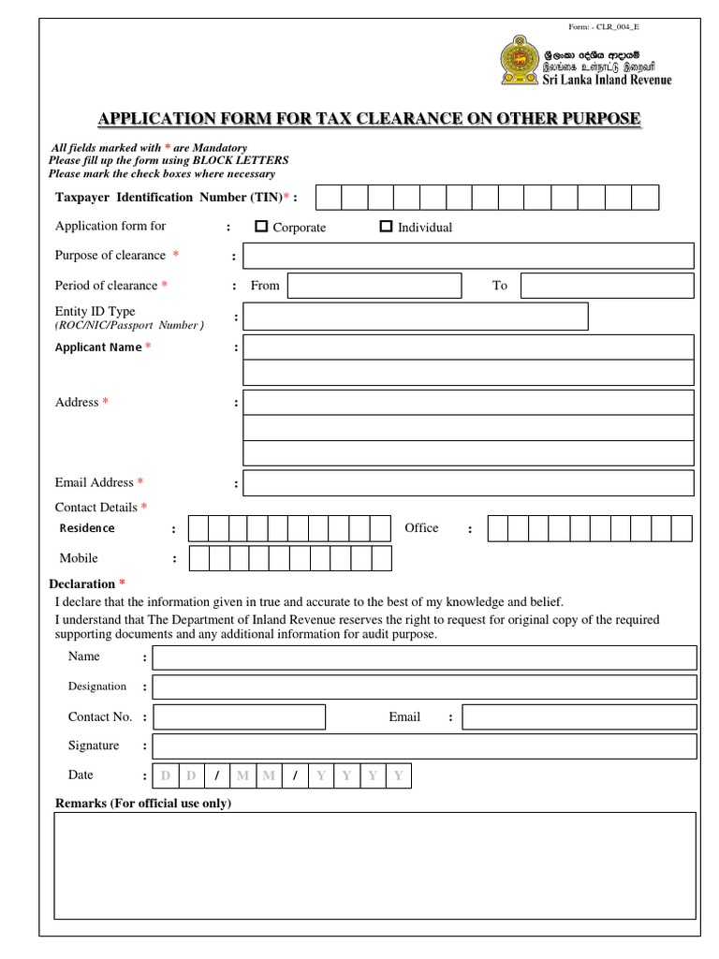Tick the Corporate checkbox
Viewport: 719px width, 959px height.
point(261,227)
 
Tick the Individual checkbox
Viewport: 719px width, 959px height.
point(386,227)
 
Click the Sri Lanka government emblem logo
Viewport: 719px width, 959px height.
point(515,63)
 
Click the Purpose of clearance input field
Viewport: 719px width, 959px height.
point(468,256)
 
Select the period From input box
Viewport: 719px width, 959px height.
point(374,286)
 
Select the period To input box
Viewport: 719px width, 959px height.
point(607,286)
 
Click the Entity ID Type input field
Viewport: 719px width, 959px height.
point(416,317)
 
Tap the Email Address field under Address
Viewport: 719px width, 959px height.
point(468,483)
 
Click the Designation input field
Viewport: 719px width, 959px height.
point(424,687)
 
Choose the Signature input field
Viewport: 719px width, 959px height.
point(424,746)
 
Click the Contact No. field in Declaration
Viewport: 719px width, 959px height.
point(239,717)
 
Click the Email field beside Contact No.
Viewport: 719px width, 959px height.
point(579,717)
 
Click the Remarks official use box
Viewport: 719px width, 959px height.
point(374,865)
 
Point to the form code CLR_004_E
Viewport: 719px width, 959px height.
point(604,27)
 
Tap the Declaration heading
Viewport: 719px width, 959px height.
point(81,583)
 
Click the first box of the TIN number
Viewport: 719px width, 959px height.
point(329,197)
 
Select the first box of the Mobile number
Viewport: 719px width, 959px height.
point(198,559)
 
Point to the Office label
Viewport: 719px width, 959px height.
point(421,528)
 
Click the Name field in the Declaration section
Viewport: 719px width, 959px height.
point(424,657)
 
